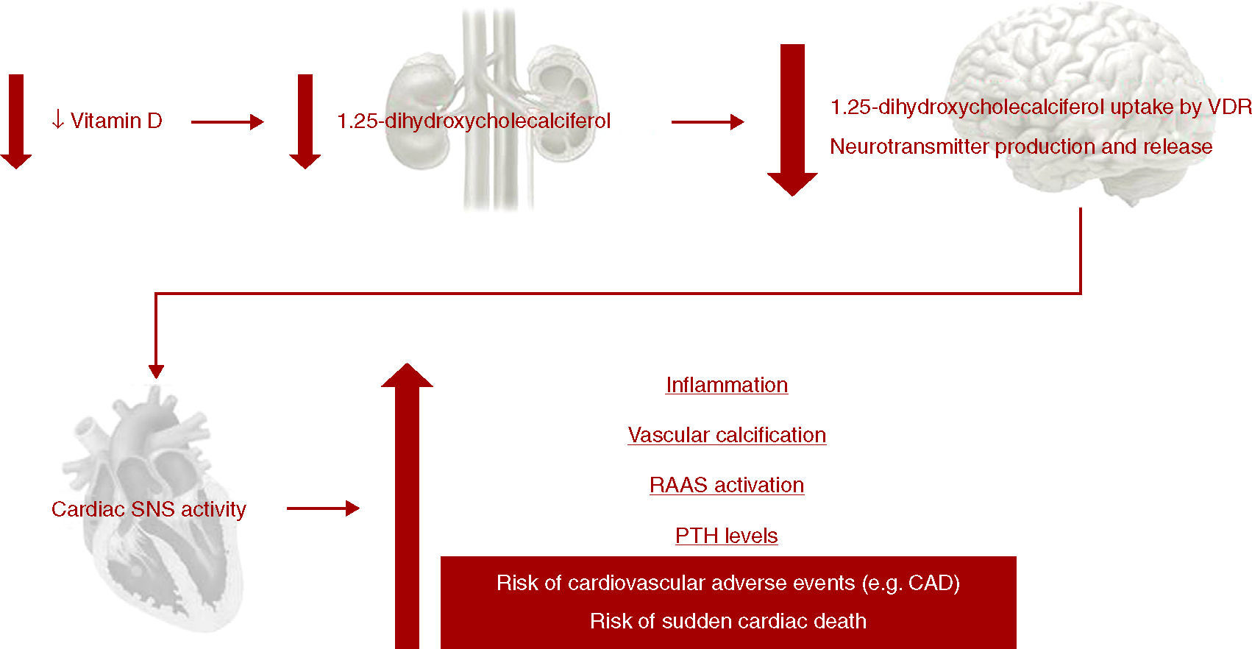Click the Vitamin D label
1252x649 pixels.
[115, 121]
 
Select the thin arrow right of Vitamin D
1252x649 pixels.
[227, 122]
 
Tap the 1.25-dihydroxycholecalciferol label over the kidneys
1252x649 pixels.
[473, 121]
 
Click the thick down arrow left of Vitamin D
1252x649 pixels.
[15, 121]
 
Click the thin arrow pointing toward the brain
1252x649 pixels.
[707, 122]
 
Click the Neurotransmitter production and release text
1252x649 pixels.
[1020, 146]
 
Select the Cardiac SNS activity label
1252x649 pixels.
[149, 509]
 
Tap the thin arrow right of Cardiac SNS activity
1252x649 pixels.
[322, 508]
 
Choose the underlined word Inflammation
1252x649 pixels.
[727, 385]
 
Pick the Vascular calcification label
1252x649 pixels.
[727, 435]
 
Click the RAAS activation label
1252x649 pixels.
[727, 485]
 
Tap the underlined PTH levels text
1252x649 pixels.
[727, 536]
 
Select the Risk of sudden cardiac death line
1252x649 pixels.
[728, 621]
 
